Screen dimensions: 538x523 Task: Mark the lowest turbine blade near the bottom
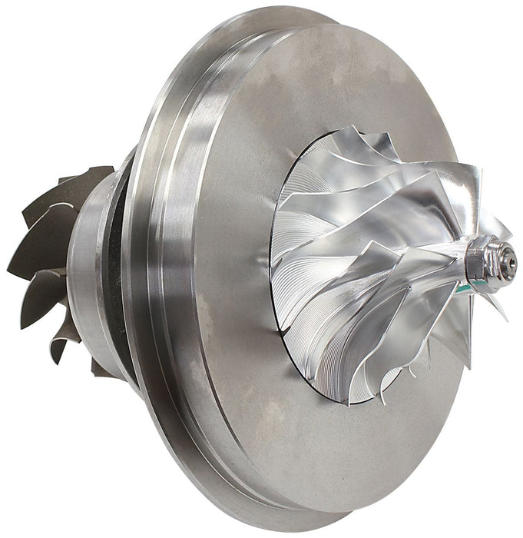[58, 354]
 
